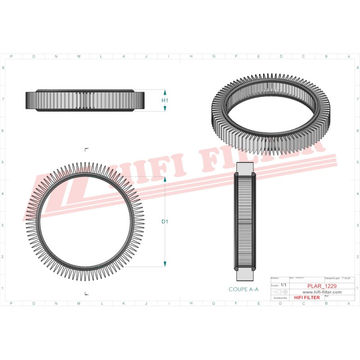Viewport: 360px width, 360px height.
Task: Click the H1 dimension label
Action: (165, 100)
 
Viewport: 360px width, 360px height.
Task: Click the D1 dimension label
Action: (165, 221)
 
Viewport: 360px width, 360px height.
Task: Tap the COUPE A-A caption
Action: (243, 290)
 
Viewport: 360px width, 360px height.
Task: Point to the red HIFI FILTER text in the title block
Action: (307, 297)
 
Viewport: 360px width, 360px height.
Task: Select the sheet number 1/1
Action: (283, 285)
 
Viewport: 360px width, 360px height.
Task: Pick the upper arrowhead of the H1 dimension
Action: (165, 92)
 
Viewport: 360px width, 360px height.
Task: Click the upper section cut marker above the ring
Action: (86, 148)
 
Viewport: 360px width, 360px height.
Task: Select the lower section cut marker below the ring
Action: (86, 293)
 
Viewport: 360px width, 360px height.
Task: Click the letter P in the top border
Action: (11, 57)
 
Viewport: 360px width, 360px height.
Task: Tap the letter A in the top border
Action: (349, 57)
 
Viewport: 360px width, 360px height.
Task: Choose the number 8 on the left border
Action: (4, 68)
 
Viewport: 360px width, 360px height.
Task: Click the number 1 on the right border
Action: (356, 288)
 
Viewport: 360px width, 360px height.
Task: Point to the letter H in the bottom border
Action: (191, 303)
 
